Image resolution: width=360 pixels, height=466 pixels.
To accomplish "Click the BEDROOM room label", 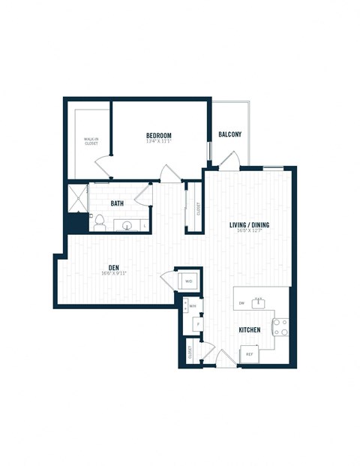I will click(x=159, y=136).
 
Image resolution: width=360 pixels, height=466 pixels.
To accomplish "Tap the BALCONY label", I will click(x=230, y=134).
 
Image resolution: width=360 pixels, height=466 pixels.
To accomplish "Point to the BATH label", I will click(x=118, y=203).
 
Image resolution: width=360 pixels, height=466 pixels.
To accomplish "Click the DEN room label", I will click(x=114, y=266).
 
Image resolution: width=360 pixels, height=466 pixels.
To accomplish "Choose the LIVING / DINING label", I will click(x=249, y=225).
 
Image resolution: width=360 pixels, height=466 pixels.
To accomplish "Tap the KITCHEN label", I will click(x=249, y=330).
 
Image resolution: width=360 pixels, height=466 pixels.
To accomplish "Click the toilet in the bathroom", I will click(x=97, y=221).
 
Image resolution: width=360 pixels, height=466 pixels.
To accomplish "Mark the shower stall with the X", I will click(x=78, y=197).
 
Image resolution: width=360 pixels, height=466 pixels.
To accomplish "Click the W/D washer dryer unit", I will click(x=188, y=281).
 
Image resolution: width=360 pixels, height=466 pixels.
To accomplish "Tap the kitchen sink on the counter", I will click(x=259, y=302).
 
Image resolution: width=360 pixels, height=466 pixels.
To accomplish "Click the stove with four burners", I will click(x=280, y=326).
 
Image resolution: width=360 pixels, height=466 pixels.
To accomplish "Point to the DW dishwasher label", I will click(x=241, y=303).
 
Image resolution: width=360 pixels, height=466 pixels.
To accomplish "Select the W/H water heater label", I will click(x=193, y=306).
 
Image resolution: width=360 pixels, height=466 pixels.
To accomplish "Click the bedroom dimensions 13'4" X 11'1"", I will click(x=159, y=143).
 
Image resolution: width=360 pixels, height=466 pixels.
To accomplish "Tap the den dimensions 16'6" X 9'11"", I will click(x=114, y=273).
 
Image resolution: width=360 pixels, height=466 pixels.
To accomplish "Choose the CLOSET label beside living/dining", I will click(x=198, y=209).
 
